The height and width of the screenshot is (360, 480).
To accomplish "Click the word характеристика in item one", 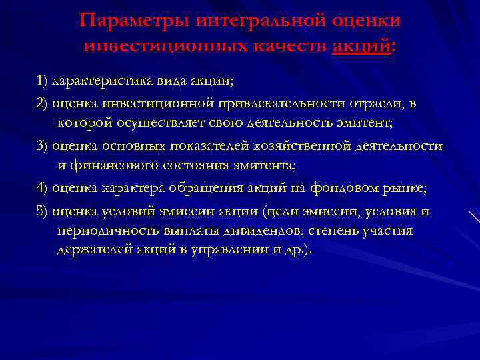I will (x=101, y=81).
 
